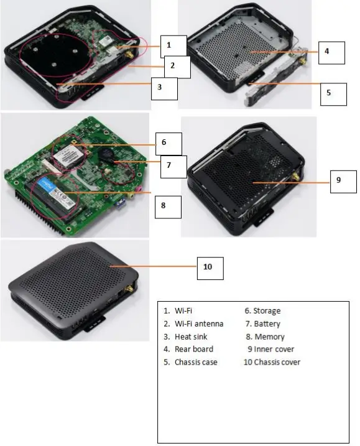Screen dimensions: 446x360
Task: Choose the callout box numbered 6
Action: click(164, 143)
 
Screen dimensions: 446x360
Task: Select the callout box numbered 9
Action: click(338, 180)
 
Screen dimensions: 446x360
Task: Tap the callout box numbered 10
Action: click(208, 267)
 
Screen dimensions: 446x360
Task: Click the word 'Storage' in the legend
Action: click(267, 311)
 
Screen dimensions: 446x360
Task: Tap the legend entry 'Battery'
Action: click(267, 323)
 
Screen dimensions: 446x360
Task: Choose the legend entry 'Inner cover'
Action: click(274, 349)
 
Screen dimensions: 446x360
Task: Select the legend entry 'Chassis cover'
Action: click(277, 362)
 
